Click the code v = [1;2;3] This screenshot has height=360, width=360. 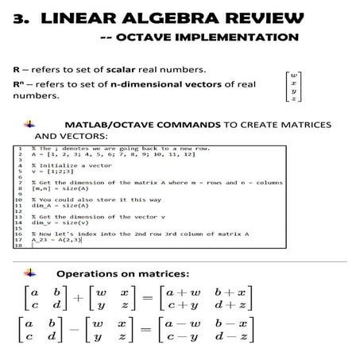tap(50, 176)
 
